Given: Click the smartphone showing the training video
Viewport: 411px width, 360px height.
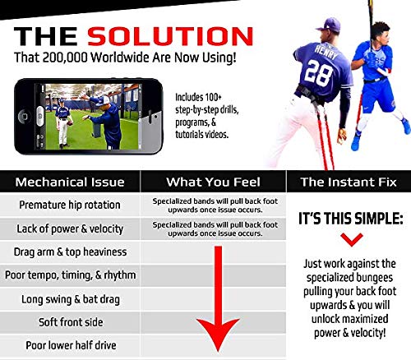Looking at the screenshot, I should pyautogui.click(x=82, y=114).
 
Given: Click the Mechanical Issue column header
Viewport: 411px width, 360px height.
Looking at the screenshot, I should pyautogui.click(x=71, y=181).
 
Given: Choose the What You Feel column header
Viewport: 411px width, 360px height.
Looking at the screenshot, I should pyautogui.click(x=213, y=181).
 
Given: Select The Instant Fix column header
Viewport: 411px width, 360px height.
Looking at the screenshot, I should pyautogui.click(x=347, y=181).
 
